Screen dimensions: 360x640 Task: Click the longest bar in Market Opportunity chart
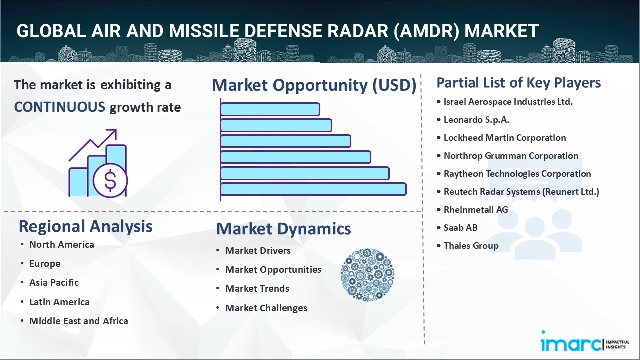click(x=313, y=189)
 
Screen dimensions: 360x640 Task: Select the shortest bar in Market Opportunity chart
click(x=270, y=109)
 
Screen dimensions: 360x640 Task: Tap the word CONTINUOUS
click(x=59, y=107)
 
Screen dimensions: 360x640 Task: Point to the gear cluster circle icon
click(x=367, y=275)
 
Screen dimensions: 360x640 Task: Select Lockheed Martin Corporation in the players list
click(x=505, y=138)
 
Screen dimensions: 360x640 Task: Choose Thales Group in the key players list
click(x=471, y=246)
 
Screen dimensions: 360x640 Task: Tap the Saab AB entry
click(x=460, y=228)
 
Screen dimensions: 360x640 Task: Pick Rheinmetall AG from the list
click(x=475, y=210)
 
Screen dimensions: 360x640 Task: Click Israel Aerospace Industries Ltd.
click(x=508, y=102)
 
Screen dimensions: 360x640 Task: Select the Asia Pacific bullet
click(x=54, y=283)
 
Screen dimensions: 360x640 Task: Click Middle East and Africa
click(x=78, y=321)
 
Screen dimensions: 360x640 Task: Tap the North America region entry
click(x=61, y=245)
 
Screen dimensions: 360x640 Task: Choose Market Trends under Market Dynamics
click(x=257, y=289)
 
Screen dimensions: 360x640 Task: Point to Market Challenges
click(x=266, y=308)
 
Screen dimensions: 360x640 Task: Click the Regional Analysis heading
click(x=85, y=226)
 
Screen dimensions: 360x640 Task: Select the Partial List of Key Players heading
click(x=518, y=83)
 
